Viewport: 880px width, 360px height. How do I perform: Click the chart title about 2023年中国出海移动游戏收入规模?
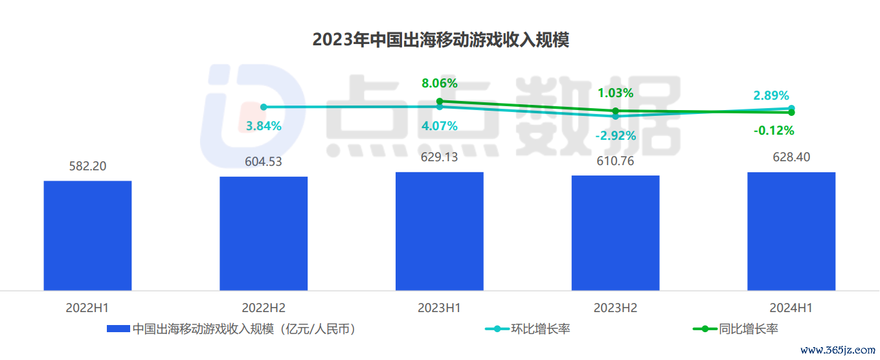click(x=440, y=40)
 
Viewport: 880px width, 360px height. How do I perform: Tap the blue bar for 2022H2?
click(x=264, y=233)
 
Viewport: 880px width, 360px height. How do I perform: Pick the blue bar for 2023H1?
click(x=440, y=231)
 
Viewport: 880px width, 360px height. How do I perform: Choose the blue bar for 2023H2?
click(x=615, y=232)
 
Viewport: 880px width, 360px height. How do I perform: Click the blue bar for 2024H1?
click(x=791, y=231)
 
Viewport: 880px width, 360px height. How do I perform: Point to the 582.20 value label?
click(x=87, y=166)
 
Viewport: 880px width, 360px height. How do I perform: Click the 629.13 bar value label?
click(x=440, y=157)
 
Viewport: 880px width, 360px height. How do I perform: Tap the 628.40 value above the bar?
click(x=791, y=157)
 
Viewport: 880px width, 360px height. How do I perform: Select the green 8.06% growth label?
click(x=440, y=83)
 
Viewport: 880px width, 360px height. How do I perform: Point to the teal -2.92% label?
click(x=616, y=136)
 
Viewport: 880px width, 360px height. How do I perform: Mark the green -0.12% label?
click(x=773, y=131)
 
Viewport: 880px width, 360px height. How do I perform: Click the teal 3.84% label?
click(x=264, y=126)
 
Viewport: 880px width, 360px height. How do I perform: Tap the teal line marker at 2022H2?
click(x=264, y=107)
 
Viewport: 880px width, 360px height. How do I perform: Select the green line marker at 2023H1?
click(x=440, y=101)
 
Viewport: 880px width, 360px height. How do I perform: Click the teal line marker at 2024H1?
click(x=792, y=108)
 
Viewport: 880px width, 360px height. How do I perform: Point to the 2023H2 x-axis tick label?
click(x=615, y=308)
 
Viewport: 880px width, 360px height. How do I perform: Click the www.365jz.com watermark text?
click(x=837, y=350)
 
